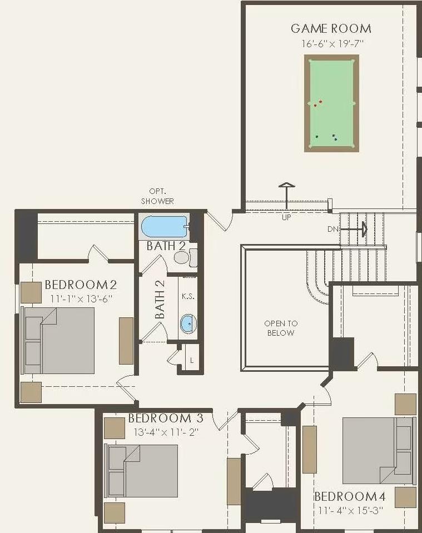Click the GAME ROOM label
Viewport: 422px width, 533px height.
pyautogui.click(x=331, y=28)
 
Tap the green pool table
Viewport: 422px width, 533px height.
pyautogui.click(x=331, y=103)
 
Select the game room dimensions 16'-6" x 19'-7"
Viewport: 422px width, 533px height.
pyautogui.click(x=331, y=43)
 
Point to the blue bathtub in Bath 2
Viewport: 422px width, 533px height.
pyautogui.click(x=164, y=227)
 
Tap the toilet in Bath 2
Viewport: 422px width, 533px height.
pyautogui.click(x=182, y=257)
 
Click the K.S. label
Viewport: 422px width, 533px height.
pyautogui.click(x=188, y=296)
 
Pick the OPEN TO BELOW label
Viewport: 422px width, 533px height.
pyautogui.click(x=281, y=328)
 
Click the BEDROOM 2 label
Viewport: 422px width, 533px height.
pyautogui.click(x=81, y=285)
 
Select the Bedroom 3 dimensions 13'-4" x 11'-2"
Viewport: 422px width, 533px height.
pyautogui.click(x=166, y=431)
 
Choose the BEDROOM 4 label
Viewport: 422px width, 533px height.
pyautogui.click(x=353, y=496)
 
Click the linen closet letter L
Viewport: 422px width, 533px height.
pyautogui.click(x=192, y=361)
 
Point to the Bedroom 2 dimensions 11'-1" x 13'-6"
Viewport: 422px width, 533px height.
pyautogui.click(x=81, y=298)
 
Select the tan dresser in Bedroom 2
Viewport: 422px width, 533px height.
pyautogui.click(x=126, y=341)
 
